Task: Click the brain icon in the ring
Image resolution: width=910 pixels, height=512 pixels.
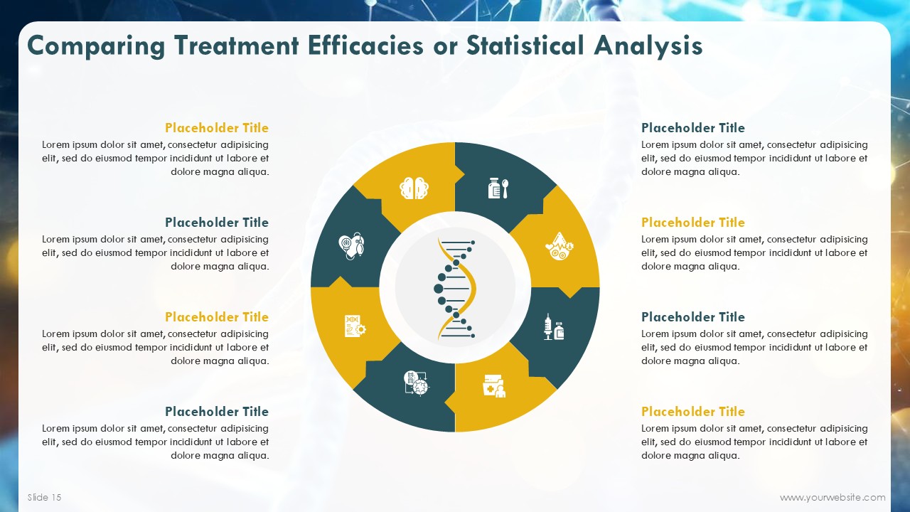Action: (x=414, y=188)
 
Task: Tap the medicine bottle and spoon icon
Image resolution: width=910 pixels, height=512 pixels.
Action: (x=498, y=188)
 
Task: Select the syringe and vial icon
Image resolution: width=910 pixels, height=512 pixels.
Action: (x=554, y=326)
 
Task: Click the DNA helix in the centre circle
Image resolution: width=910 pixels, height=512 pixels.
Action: (x=454, y=288)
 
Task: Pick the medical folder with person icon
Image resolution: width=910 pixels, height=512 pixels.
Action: (x=494, y=385)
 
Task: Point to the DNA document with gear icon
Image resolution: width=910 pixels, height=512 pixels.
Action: (x=355, y=326)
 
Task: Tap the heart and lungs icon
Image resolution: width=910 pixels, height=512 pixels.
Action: (x=351, y=246)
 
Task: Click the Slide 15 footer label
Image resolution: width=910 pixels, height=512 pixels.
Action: (x=44, y=497)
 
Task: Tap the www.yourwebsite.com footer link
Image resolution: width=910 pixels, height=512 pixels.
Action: (x=833, y=497)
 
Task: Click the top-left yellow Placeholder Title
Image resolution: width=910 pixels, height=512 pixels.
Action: (x=217, y=128)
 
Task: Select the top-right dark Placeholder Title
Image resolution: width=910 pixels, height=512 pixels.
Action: (x=693, y=128)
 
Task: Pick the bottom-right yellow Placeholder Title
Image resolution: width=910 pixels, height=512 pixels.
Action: (x=693, y=412)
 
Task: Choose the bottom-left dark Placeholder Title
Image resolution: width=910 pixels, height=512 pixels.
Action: (x=217, y=412)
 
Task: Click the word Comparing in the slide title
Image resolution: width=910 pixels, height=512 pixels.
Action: (x=96, y=46)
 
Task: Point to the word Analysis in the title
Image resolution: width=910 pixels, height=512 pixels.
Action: (x=648, y=46)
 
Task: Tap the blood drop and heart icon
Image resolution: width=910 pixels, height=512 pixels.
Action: (x=559, y=246)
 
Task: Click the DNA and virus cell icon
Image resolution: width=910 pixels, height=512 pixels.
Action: (x=417, y=383)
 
